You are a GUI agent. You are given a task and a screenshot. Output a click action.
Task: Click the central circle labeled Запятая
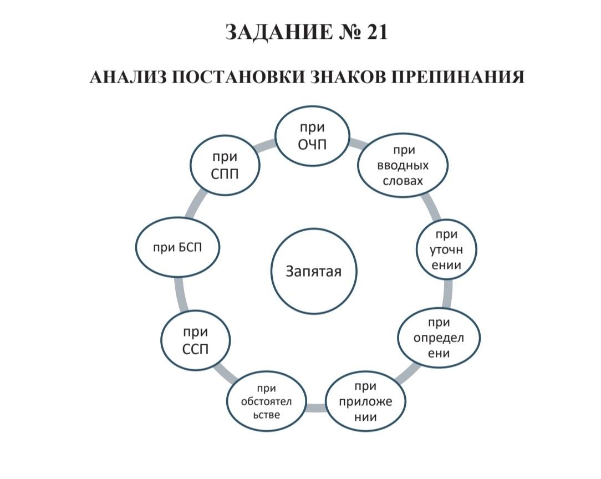pos(313,271)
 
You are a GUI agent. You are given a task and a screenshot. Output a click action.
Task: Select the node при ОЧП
pos(313,135)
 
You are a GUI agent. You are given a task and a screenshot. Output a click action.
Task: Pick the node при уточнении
pos(446,249)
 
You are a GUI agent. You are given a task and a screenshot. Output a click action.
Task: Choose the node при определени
pos(439,338)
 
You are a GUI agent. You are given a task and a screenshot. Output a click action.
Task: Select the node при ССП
pos(195,341)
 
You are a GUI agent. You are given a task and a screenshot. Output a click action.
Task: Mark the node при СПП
pos(225,165)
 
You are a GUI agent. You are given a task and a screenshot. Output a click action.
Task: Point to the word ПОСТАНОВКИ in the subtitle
pos(236,76)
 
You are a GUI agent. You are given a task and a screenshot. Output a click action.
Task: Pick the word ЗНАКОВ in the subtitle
pos(349,76)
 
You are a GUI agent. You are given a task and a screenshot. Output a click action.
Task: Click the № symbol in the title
pos(339,32)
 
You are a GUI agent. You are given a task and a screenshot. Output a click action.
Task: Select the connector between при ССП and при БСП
pos(180,294)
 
